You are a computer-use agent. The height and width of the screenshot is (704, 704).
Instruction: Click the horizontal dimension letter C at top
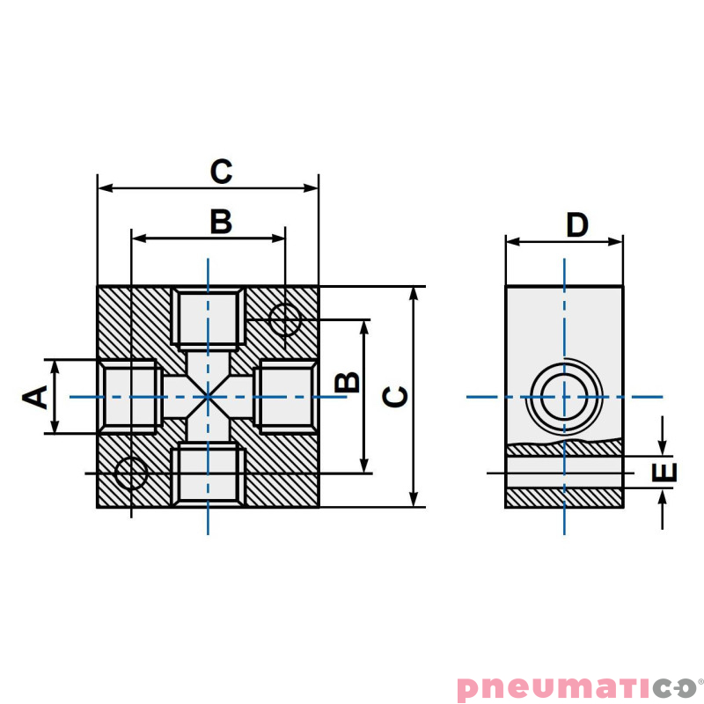click(x=221, y=172)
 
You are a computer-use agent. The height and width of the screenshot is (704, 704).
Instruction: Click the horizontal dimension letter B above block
click(x=221, y=222)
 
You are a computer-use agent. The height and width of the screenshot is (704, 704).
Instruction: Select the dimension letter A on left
click(x=36, y=397)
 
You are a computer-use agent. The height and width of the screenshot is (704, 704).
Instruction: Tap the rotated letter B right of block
click(x=348, y=381)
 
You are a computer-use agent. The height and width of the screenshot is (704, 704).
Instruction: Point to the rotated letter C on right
click(x=397, y=396)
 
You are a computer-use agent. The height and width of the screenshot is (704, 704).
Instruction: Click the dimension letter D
click(x=576, y=225)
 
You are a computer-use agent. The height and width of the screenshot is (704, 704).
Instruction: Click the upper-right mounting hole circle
click(x=284, y=319)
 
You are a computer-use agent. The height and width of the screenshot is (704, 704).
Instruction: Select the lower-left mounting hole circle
click(x=131, y=473)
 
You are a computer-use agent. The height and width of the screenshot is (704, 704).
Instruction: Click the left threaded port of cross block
click(x=130, y=396)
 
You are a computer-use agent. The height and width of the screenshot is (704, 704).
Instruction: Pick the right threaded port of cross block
click(x=284, y=396)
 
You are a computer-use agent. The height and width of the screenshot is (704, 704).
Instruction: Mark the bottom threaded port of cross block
click(x=208, y=475)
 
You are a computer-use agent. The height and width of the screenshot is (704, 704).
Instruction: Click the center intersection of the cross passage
click(x=208, y=397)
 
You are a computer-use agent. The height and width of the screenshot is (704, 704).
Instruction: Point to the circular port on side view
click(x=564, y=397)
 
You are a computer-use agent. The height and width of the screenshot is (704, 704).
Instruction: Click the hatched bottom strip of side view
click(x=564, y=497)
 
